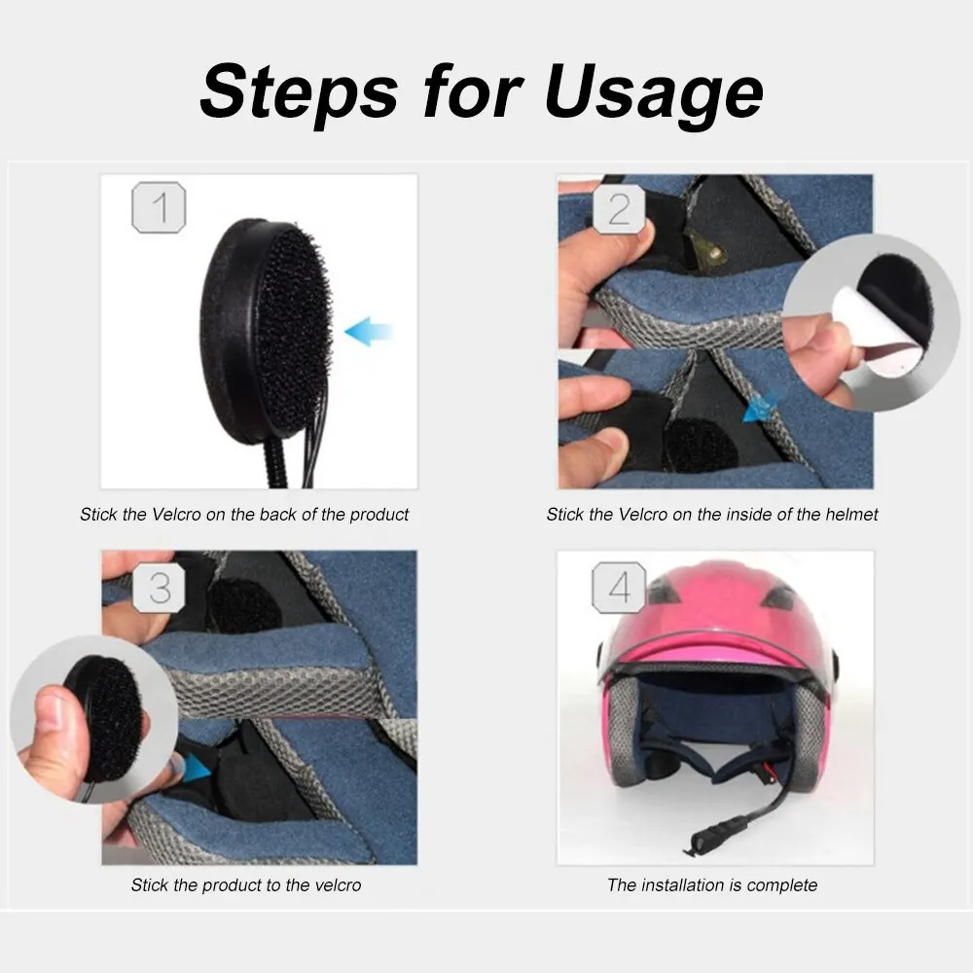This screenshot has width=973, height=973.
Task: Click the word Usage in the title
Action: (x=654, y=93)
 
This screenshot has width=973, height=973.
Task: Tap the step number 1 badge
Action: (x=159, y=208)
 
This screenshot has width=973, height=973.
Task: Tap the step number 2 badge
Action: (x=619, y=209)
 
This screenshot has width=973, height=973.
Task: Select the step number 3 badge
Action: (x=160, y=588)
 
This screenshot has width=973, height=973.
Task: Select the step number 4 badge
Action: (x=619, y=588)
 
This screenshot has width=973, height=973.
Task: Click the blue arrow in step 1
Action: (x=369, y=332)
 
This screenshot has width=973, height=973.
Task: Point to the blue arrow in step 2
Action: (x=760, y=408)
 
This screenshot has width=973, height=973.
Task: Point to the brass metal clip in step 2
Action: (x=706, y=252)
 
